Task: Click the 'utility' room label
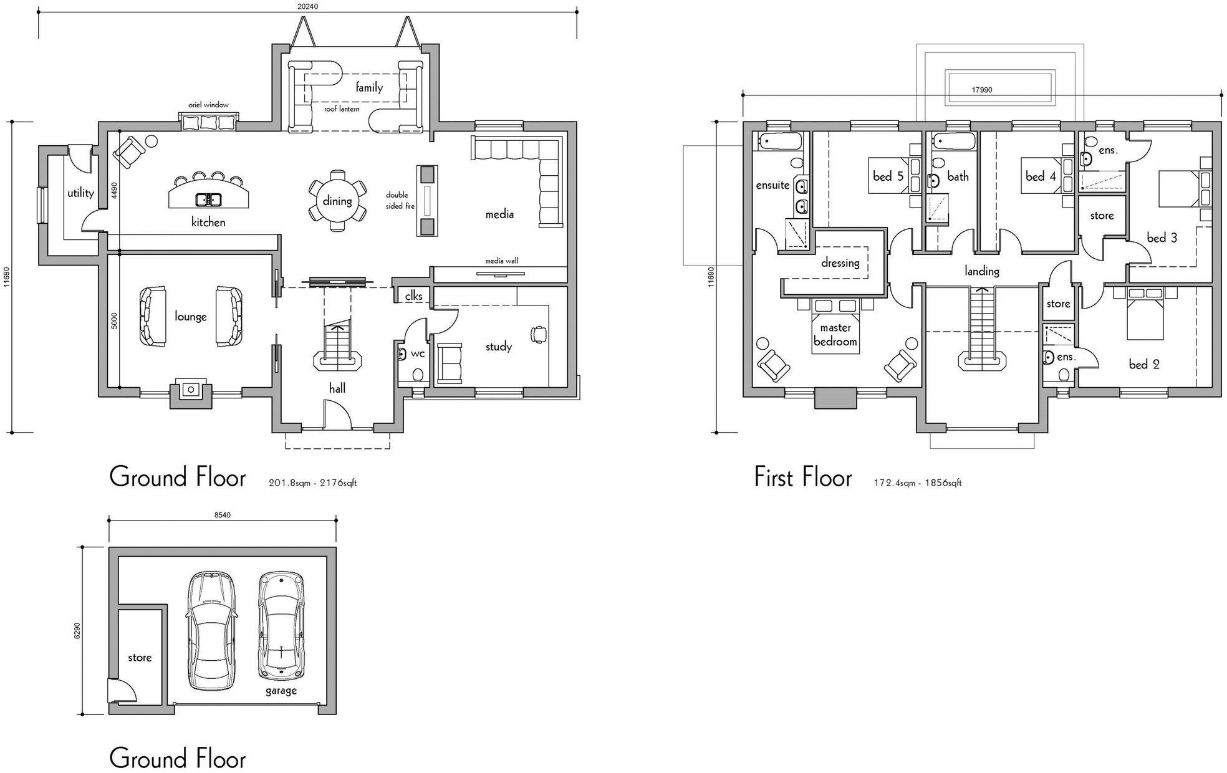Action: pyautogui.click(x=80, y=193)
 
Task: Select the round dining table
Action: pyautogui.click(x=337, y=201)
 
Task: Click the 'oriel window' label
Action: pyautogui.click(x=208, y=105)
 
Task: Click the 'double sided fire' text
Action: pyautogui.click(x=400, y=201)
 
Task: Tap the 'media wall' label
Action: pyautogui.click(x=502, y=261)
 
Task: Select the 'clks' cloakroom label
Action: pyautogui.click(x=414, y=296)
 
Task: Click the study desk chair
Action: pyautogui.click(x=537, y=335)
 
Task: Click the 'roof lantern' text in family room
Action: pyautogui.click(x=342, y=109)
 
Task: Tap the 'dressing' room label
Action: pyautogui.click(x=840, y=263)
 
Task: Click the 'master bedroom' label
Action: pyautogui.click(x=835, y=335)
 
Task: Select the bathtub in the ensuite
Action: pyautogui.click(x=779, y=142)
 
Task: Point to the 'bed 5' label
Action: pyautogui.click(x=888, y=176)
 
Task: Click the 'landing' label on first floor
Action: pyautogui.click(x=982, y=271)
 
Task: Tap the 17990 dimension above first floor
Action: pyautogui.click(x=981, y=90)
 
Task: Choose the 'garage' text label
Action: pyautogui.click(x=281, y=691)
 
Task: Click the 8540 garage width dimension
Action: pyautogui.click(x=222, y=515)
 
